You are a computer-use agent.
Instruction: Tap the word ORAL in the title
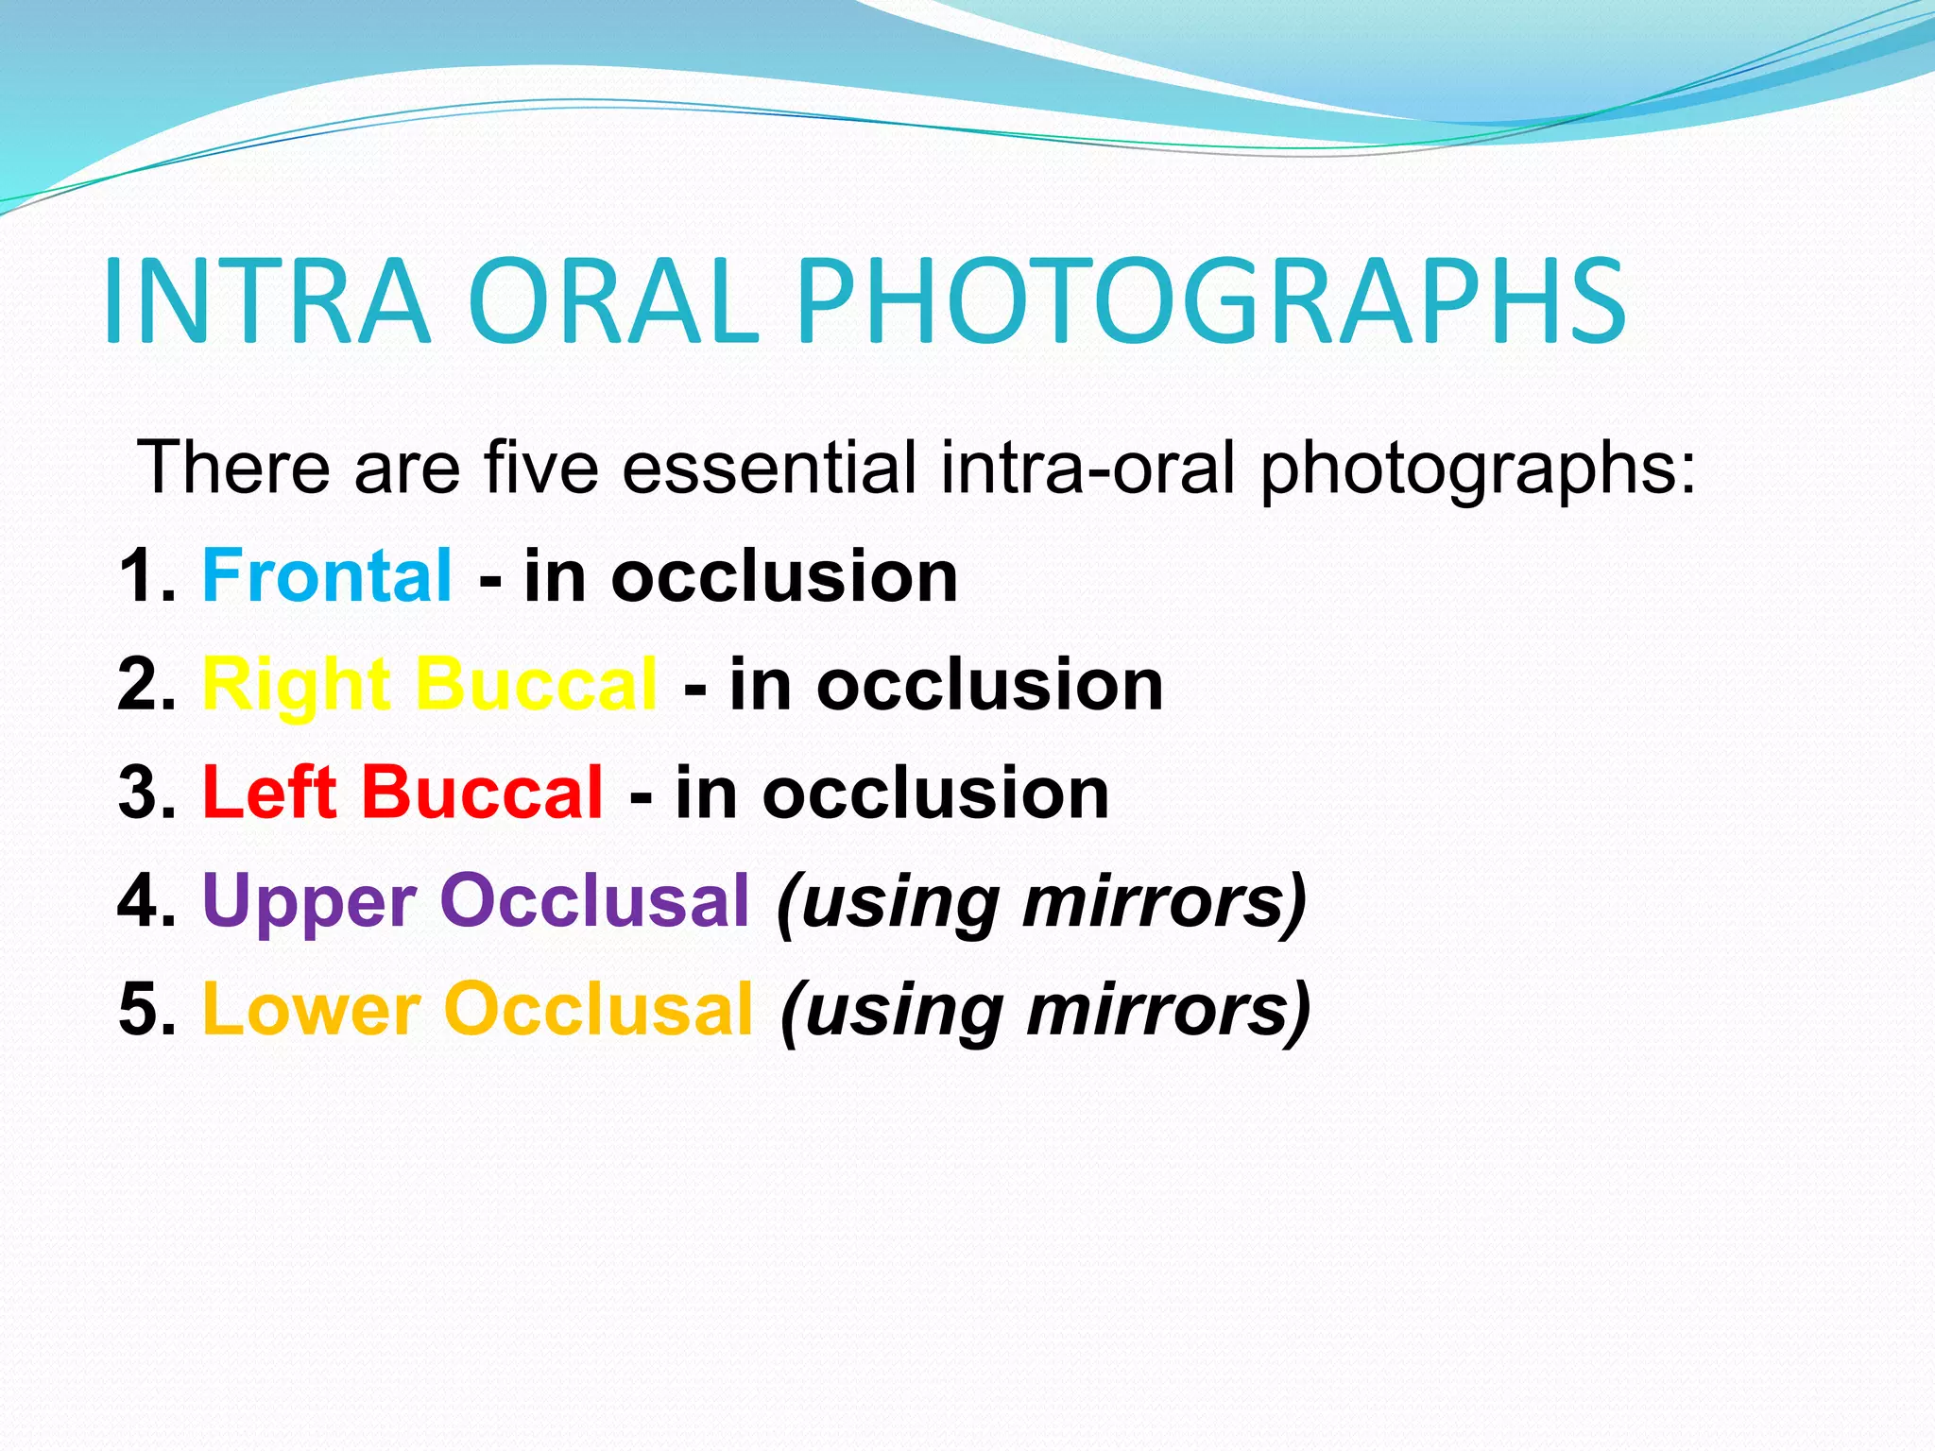point(613,302)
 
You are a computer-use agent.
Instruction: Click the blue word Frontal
point(327,576)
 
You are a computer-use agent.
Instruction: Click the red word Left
point(269,793)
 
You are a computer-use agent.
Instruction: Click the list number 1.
point(142,576)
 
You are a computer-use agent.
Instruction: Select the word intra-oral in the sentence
point(1087,467)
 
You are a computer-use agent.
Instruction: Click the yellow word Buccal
point(536,684)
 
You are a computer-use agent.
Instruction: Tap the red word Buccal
point(482,793)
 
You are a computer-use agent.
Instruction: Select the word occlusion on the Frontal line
point(784,576)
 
